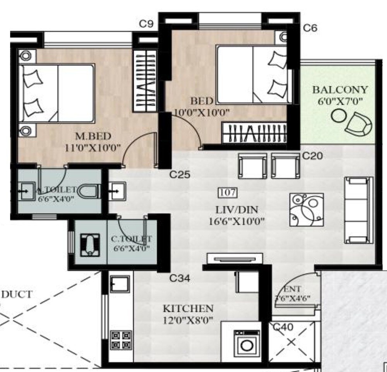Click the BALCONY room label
[x=340, y=90]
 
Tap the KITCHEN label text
[x=188, y=309]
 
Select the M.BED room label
[x=93, y=136]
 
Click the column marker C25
[x=180, y=175]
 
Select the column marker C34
[x=180, y=278]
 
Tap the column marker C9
[x=146, y=24]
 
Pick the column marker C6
[x=310, y=28]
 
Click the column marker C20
[x=312, y=156]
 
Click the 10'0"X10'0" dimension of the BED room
[x=202, y=113]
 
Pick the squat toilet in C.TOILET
[x=90, y=244]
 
